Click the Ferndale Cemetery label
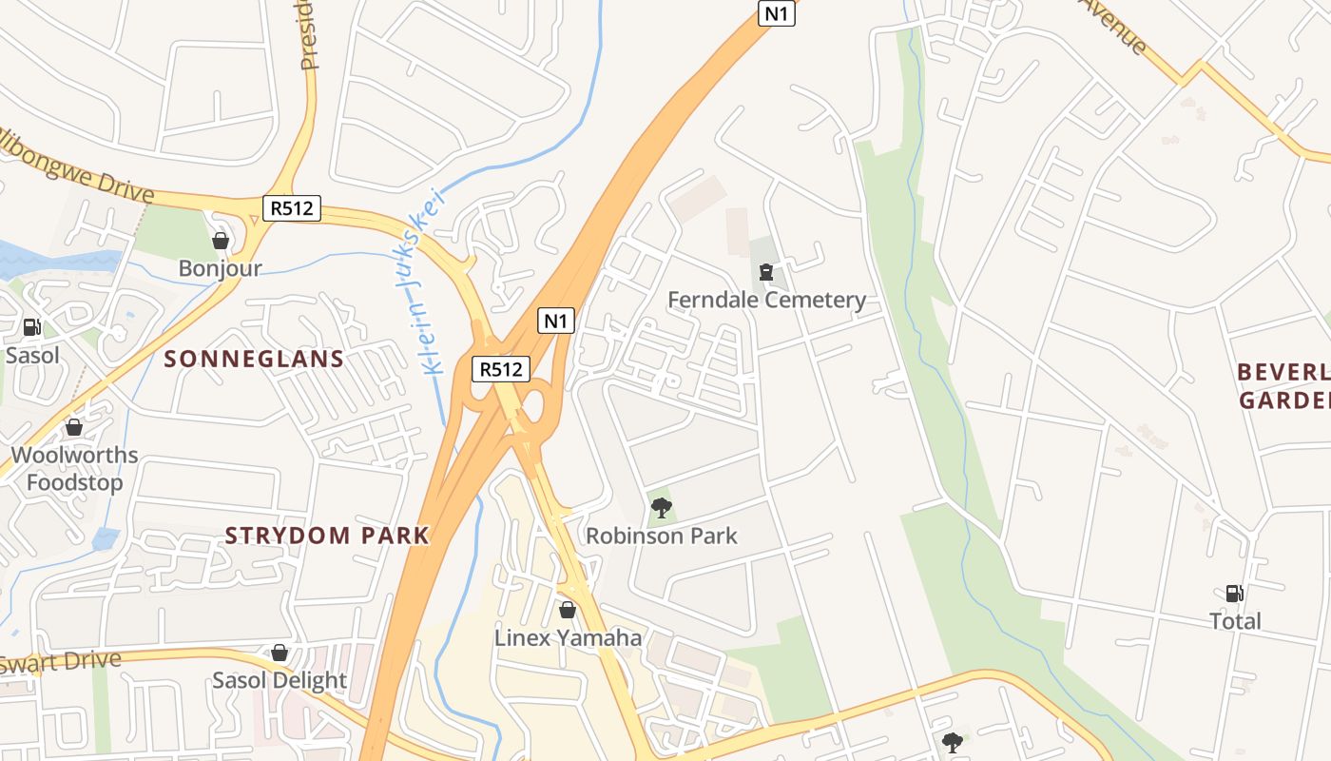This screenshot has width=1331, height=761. pyautogui.click(x=766, y=301)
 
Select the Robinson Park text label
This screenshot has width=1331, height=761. pyautogui.click(x=661, y=536)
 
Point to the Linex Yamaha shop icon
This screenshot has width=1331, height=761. pyautogui.click(x=568, y=610)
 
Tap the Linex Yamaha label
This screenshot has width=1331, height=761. pyautogui.click(x=568, y=637)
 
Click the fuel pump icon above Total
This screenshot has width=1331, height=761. pyautogui.click(x=1234, y=594)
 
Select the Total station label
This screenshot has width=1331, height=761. pyautogui.click(x=1235, y=621)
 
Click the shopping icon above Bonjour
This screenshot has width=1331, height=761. pyautogui.click(x=221, y=242)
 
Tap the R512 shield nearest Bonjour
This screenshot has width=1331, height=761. pyautogui.click(x=292, y=208)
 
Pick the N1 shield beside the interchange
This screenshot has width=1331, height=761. pyautogui.click(x=556, y=321)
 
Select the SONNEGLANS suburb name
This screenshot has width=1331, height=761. pyautogui.click(x=254, y=359)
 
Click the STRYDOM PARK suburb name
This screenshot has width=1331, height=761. pyautogui.click(x=327, y=536)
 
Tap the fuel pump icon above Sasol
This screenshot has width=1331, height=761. pyautogui.click(x=31, y=328)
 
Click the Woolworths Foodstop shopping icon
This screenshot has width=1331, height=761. pyautogui.click(x=74, y=428)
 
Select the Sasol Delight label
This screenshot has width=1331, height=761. pyautogui.click(x=280, y=680)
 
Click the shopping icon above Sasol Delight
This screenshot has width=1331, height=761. pyautogui.click(x=280, y=653)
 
